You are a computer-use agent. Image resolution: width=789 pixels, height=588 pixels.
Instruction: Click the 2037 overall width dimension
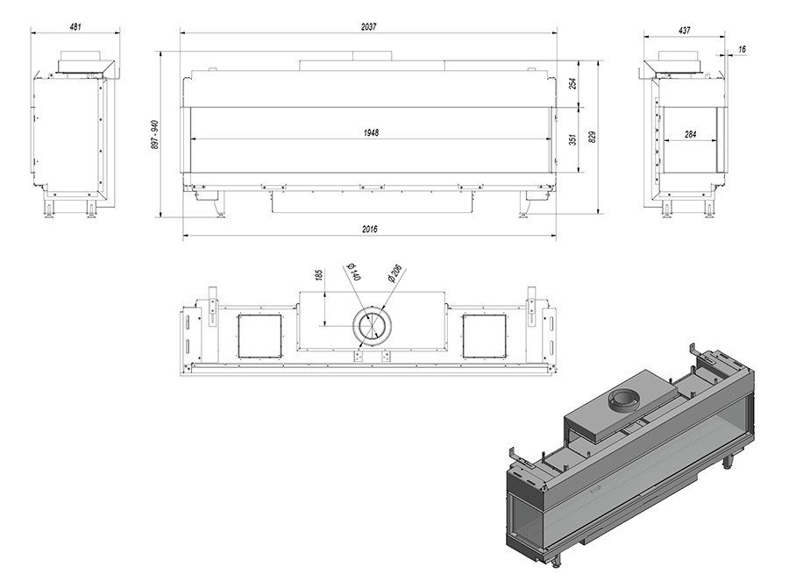(x=368, y=26)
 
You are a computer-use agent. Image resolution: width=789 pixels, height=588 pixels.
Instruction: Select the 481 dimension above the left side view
(x=75, y=26)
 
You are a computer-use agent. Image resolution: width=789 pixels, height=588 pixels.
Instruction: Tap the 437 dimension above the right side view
(x=685, y=30)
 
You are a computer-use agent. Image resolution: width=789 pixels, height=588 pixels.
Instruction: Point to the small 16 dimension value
(x=743, y=49)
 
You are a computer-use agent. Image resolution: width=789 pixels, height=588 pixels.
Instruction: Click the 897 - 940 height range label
(x=154, y=134)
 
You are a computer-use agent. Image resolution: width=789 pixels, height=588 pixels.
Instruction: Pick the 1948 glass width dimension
(x=371, y=133)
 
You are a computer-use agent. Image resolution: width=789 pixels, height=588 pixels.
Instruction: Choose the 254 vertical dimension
(x=572, y=83)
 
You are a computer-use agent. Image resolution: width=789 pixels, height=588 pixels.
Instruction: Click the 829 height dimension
(x=592, y=137)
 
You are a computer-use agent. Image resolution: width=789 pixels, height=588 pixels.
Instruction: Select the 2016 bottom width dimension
(x=370, y=229)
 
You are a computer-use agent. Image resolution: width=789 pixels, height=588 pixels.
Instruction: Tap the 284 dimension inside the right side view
(x=691, y=134)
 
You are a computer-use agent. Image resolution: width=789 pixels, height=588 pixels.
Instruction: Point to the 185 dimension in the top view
(x=318, y=276)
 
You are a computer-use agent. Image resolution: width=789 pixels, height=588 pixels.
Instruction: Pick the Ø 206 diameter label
(x=395, y=273)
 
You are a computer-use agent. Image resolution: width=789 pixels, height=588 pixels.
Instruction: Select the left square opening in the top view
(x=260, y=336)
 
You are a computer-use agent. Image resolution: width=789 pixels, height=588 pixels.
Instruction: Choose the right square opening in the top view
(x=484, y=336)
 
